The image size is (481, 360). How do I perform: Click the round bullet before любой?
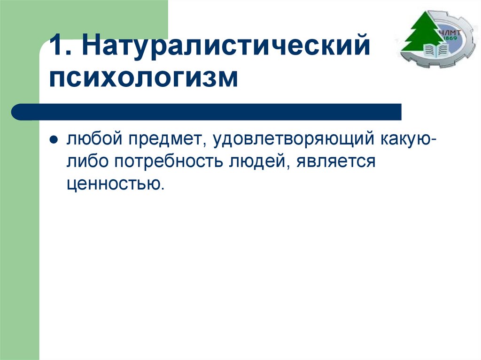pos(54,140)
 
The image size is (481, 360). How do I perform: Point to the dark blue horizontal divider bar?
pos(207,112)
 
